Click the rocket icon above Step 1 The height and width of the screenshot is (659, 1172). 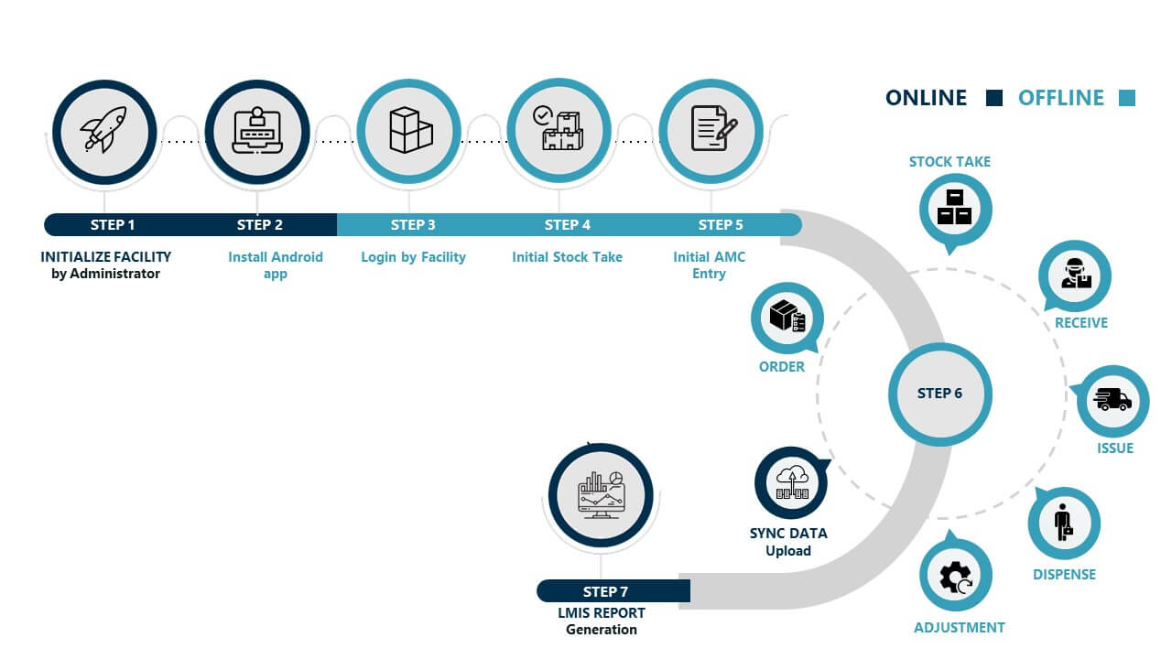[x=103, y=131]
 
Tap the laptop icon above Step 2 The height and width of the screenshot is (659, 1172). [x=256, y=131]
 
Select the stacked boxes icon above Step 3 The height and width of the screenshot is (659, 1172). [x=409, y=131]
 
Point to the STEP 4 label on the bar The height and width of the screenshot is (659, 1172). [x=567, y=225]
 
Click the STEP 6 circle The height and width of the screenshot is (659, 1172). [x=939, y=394]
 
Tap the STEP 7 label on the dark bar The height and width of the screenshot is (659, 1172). [x=605, y=592]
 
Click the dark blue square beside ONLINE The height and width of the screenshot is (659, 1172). [x=994, y=98]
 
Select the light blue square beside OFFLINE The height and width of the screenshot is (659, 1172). [x=1127, y=98]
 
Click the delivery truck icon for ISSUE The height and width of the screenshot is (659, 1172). [x=1112, y=401]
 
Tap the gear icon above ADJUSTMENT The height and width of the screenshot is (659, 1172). [x=955, y=576]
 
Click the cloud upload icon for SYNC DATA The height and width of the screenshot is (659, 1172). [x=791, y=482]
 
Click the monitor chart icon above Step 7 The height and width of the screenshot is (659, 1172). [x=600, y=494]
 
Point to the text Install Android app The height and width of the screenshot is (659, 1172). [x=276, y=265]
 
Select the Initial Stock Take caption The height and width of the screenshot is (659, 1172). [x=567, y=257]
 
